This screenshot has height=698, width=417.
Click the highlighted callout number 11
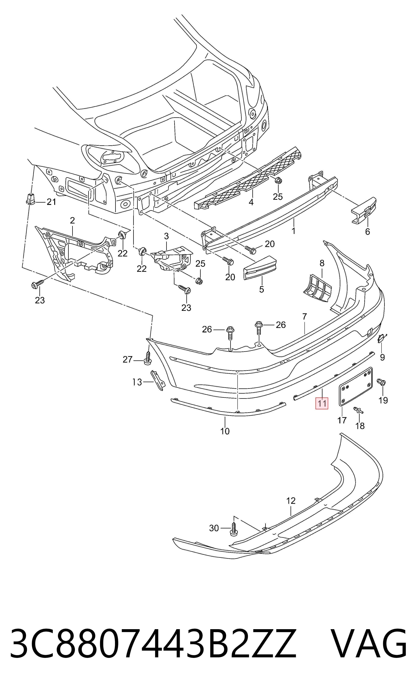(x=322, y=404)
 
